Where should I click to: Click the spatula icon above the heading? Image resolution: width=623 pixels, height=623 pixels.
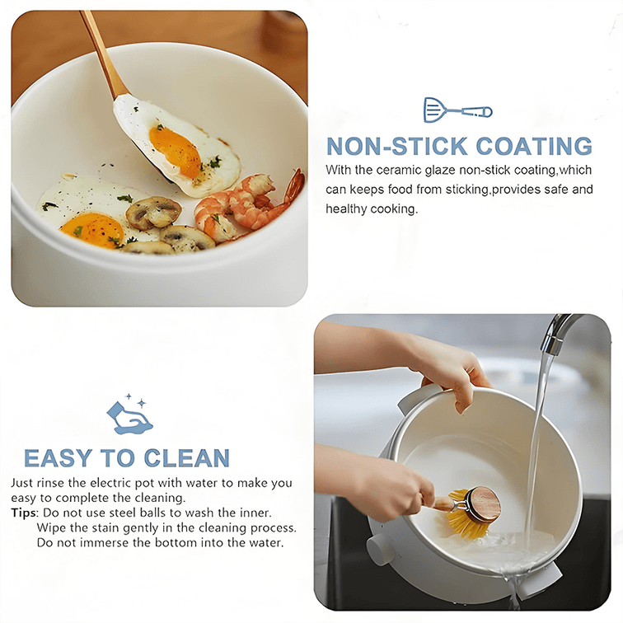pos(457,110)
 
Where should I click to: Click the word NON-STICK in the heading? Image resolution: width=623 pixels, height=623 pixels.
pos(397,146)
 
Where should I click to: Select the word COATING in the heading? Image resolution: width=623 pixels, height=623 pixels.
pos(534,146)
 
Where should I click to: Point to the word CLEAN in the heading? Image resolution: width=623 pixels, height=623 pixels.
pos(186,458)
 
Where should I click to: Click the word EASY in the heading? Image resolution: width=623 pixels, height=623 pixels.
pos(58,458)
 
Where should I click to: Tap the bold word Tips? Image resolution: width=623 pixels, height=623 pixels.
pos(23,513)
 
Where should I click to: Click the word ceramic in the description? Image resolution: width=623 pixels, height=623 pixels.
pos(399,170)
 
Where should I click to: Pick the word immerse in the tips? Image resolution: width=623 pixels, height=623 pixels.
pos(103,542)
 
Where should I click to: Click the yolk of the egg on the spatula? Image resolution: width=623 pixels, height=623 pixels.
pos(176,152)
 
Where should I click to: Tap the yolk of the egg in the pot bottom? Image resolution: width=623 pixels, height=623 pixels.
pos(92,230)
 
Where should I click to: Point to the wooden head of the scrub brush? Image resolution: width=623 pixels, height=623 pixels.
pos(482,504)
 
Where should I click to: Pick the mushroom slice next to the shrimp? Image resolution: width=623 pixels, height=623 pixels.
pos(154,213)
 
